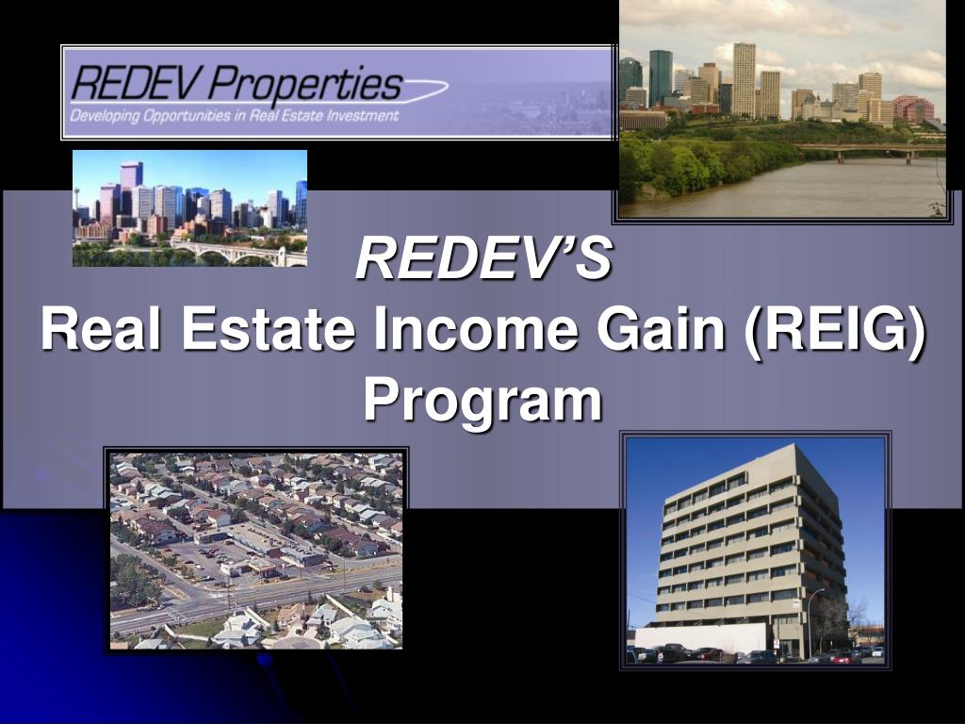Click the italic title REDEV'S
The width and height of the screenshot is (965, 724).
click(x=483, y=259)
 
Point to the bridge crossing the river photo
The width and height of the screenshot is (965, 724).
click(x=867, y=148)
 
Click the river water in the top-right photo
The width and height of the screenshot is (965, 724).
click(x=801, y=189)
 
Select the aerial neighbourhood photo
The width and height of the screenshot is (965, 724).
click(x=255, y=551)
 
